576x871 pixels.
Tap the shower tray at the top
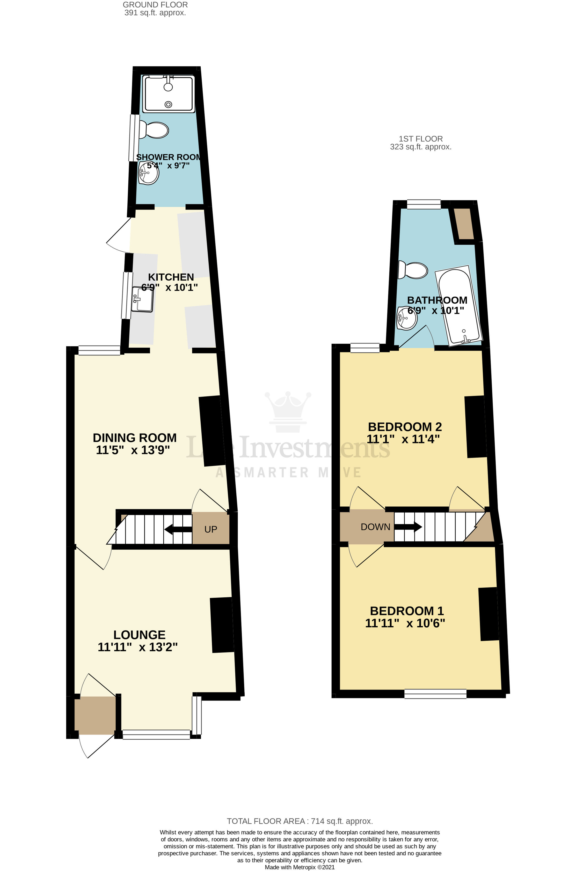tap(168, 94)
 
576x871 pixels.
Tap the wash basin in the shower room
tap(148, 173)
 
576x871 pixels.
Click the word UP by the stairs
tap(211, 529)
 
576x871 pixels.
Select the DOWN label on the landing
tap(375, 527)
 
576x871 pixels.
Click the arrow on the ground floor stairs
tap(178, 529)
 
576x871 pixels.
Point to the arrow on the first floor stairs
tap(408, 527)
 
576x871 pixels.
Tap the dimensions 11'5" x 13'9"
tap(133, 450)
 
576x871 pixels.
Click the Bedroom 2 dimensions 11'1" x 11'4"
tap(403, 439)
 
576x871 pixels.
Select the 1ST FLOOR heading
tap(421, 139)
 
